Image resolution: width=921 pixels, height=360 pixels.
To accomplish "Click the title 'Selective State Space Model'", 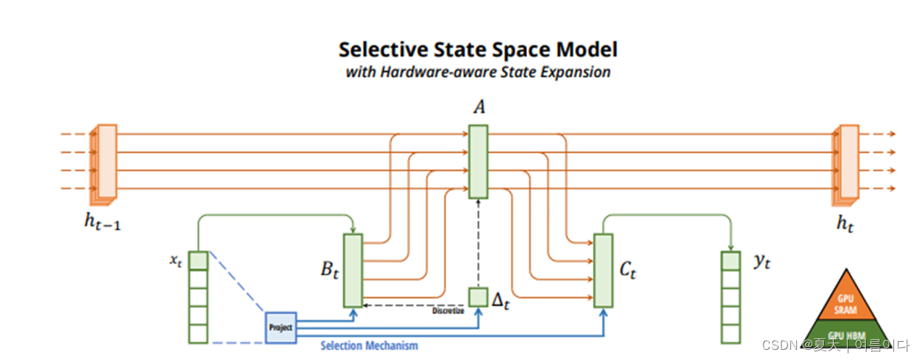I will point(478,49).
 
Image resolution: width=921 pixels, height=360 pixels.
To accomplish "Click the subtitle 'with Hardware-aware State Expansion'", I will point(478,73).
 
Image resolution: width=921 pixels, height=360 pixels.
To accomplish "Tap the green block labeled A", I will point(478,161).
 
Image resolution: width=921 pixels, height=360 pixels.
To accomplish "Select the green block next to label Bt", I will point(353,269).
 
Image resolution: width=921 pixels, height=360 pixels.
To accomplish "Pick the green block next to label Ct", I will point(602,269).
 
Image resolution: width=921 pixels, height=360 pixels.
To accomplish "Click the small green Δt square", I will point(478,297).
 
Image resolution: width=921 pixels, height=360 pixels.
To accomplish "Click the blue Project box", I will point(280,327).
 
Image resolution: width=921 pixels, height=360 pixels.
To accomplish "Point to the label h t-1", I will point(102,224).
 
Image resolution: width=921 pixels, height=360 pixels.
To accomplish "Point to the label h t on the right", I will point(845,224).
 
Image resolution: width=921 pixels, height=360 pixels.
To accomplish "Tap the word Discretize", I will point(447,311).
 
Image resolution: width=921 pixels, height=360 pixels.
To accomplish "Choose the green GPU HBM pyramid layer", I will point(846,333).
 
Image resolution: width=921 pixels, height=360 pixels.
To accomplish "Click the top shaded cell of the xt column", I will point(198,261).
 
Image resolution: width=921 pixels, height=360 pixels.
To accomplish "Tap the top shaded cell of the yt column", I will point(730,261).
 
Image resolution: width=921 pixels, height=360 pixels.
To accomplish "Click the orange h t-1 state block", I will point(105,163).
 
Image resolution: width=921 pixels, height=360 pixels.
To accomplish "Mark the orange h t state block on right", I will point(848,163).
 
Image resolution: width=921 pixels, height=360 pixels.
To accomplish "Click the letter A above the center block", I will point(479,108).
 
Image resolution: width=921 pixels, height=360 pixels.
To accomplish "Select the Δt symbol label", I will point(501,300).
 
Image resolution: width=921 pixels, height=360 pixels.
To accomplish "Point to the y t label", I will point(761,262).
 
